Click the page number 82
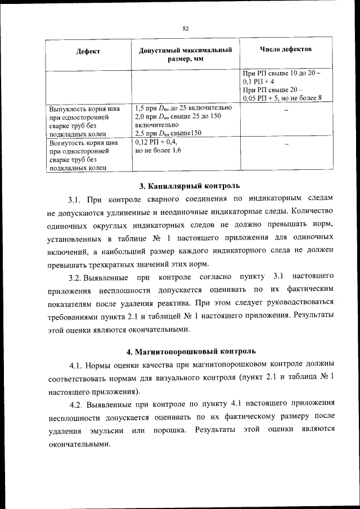tap(185, 28)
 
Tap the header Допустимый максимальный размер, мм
tap(186, 54)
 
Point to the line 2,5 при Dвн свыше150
tap(169, 133)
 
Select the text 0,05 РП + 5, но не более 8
tap(282, 98)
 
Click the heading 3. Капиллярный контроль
tap(190, 186)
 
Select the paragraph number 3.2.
tap(76, 278)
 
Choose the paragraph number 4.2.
tap(77, 403)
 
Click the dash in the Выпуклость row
tap(286, 110)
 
